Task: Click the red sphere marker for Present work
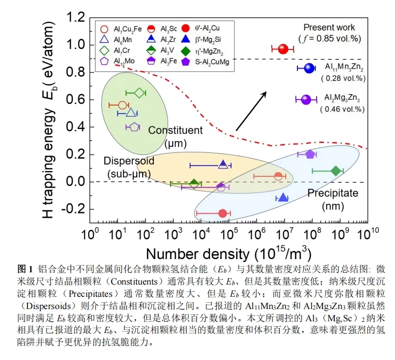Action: tap(282, 48)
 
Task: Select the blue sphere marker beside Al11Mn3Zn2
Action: tap(308, 68)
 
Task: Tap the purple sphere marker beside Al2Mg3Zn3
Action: tap(306, 99)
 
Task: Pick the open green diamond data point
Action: tap(138, 93)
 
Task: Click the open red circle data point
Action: tap(123, 105)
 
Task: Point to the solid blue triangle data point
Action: tap(282, 197)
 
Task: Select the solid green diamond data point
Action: tap(336, 170)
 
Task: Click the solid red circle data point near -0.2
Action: tap(222, 213)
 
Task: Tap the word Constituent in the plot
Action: tap(175, 130)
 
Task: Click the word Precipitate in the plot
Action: tap(333, 193)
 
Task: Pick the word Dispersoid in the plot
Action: tap(129, 161)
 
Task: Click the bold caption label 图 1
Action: tap(25, 268)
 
